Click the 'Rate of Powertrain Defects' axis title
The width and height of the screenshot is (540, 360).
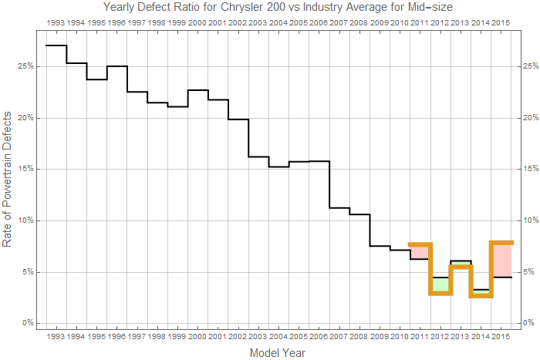tap(8, 177)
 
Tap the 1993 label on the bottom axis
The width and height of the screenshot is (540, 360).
tap(56, 337)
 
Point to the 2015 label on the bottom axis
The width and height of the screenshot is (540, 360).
tap(501, 337)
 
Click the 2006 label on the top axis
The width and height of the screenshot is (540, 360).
tap(319, 24)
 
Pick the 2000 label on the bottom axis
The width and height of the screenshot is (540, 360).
tap(197, 337)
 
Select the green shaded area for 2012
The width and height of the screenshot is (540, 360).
tap(440, 285)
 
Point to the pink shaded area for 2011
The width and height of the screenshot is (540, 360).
tap(420, 251)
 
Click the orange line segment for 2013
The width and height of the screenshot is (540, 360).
tap(461, 267)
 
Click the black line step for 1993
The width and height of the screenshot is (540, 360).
tap(56, 45)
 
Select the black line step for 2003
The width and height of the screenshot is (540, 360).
tap(258, 156)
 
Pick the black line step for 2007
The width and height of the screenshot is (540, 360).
tap(339, 207)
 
